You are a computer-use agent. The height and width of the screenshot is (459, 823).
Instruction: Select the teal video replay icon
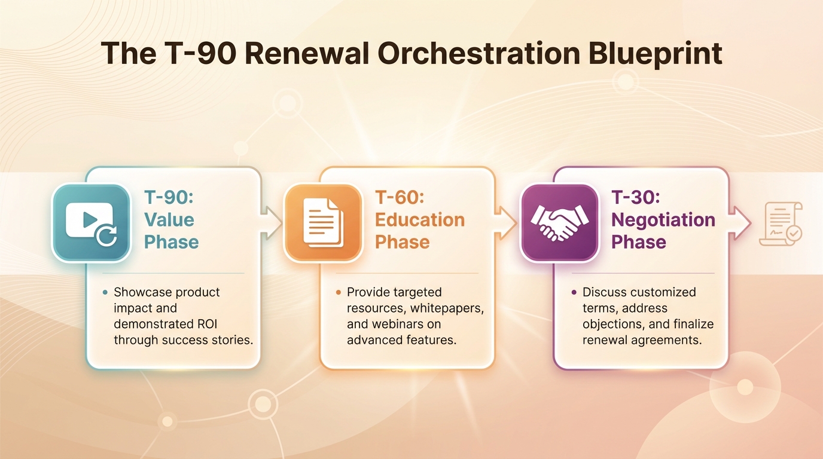point(92,223)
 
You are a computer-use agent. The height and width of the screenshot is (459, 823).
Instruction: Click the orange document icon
point(323,223)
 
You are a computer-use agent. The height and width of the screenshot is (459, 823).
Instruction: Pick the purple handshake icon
point(559,223)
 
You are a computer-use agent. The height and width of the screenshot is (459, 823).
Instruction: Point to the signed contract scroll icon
point(781,224)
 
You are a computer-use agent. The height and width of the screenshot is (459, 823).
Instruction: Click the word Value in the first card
point(169,219)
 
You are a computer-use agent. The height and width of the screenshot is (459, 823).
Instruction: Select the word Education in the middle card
point(419,219)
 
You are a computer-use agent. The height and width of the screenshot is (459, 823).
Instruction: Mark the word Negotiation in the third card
point(663,219)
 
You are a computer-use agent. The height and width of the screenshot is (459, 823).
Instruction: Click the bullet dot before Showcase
point(105,292)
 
